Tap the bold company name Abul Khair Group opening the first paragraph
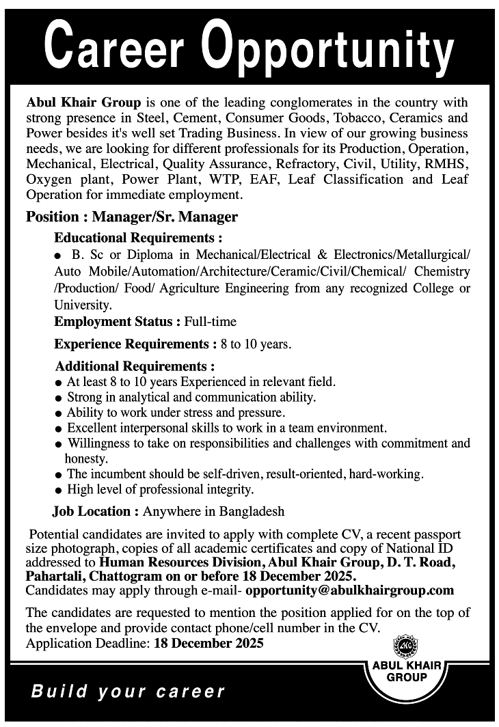coord(83,102)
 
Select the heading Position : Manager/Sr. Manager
coord(132,217)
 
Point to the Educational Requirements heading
coord(139,238)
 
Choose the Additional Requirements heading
coord(135,366)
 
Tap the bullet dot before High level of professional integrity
coord(59,490)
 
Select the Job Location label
coord(95,511)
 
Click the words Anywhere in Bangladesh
coord(213,511)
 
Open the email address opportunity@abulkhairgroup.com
coord(349,590)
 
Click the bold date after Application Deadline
coord(208,644)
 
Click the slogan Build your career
coord(129,691)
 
